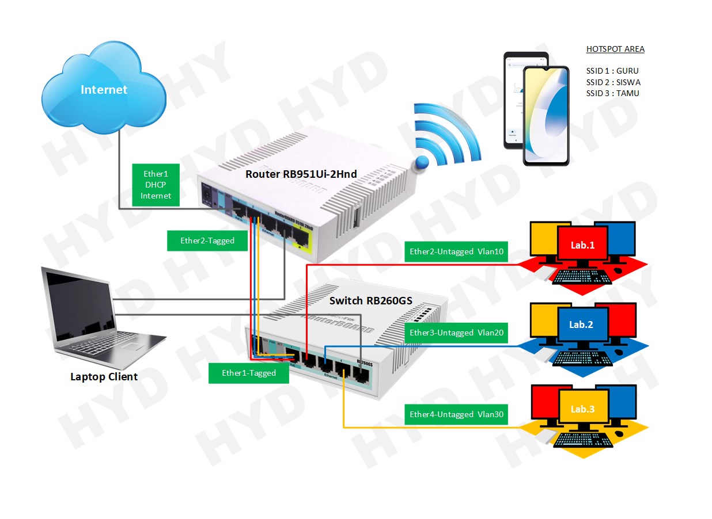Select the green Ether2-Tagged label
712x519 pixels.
click(207, 241)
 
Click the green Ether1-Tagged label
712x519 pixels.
click(249, 373)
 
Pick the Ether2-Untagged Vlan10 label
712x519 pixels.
click(456, 251)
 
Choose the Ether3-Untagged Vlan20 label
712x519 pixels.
click(456, 333)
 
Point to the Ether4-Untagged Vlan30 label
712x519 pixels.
click(456, 414)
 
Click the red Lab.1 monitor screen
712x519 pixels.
click(582, 246)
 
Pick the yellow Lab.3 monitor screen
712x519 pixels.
click(582, 410)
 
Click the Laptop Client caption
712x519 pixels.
click(104, 377)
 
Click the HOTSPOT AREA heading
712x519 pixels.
click(615, 49)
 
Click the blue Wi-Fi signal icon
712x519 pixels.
click(446, 138)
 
